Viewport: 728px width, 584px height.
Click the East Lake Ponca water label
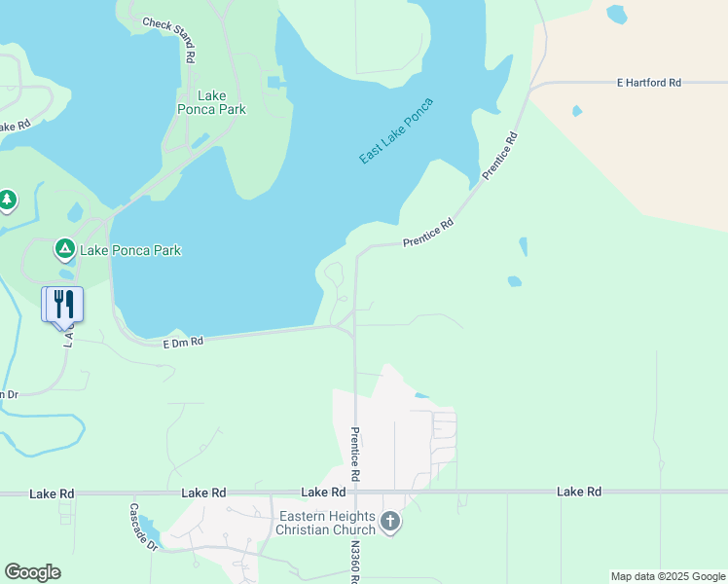click(x=395, y=130)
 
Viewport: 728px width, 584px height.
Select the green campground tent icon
click(x=65, y=249)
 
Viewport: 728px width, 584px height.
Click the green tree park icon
click(x=8, y=200)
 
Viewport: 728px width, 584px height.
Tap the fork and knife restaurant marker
click(x=64, y=303)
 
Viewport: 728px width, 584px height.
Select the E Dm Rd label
click(x=182, y=343)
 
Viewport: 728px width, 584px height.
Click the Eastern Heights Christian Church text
click(x=325, y=523)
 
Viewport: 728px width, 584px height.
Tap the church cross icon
click(x=389, y=523)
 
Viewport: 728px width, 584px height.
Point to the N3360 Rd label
click(x=356, y=563)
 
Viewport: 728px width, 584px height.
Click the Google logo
click(x=32, y=572)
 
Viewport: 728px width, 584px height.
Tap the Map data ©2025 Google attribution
click(x=667, y=576)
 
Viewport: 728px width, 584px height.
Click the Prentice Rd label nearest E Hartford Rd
click(x=501, y=155)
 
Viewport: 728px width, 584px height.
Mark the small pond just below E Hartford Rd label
click(x=577, y=111)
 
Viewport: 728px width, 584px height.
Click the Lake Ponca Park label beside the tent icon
click(x=130, y=250)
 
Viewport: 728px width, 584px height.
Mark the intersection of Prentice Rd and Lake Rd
click(x=355, y=493)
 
